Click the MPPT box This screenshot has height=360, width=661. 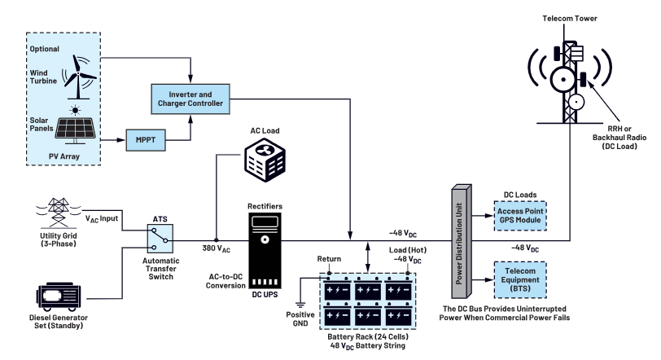click(146, 140)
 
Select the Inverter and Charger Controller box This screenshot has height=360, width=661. click(190, 99)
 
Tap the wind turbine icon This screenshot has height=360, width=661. click(78, 77)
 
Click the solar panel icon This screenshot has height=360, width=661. click(76, 126)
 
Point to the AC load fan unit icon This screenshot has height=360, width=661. click(265, 160)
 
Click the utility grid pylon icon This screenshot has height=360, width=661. click(58, 213)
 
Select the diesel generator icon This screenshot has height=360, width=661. click(59, 297)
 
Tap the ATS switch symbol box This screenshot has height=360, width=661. click(160, 238)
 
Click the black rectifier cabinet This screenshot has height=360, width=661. click(265, 250)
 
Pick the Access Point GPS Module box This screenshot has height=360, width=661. click(520, 216)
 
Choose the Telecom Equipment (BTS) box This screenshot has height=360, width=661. click(520, 280)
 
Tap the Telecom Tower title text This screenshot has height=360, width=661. click(570, 19)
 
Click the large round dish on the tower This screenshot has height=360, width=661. click(563, 79)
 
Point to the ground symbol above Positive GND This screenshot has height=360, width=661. click(300, 305)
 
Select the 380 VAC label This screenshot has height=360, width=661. click(217, 248)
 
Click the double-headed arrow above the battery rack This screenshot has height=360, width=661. click(368, 257)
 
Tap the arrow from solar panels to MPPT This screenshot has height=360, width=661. click(112, 139)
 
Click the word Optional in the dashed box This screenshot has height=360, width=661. click(44, 49)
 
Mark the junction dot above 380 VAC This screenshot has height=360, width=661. click(217, 240)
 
